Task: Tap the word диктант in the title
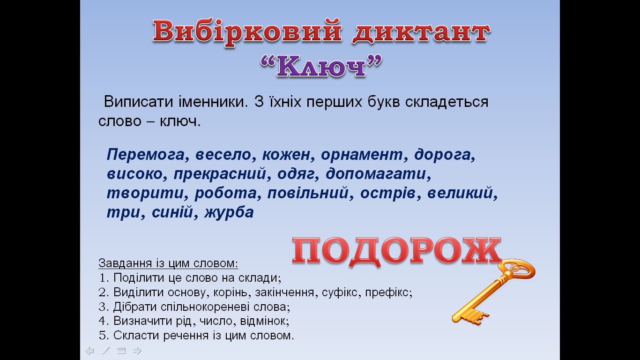[x=420, y=33]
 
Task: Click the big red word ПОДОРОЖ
[x=396, y=251]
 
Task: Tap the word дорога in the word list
[x=445, y=155]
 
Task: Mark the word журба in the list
[x=227, y=212]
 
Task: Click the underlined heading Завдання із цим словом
[x=168, y=263]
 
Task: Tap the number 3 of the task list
[x=103, y=307]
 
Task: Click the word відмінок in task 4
[x=263, y=322]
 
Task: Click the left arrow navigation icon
[x=90, y=351]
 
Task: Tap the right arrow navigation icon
[x=137, y=351]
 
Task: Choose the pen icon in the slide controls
[x=106, y=351]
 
